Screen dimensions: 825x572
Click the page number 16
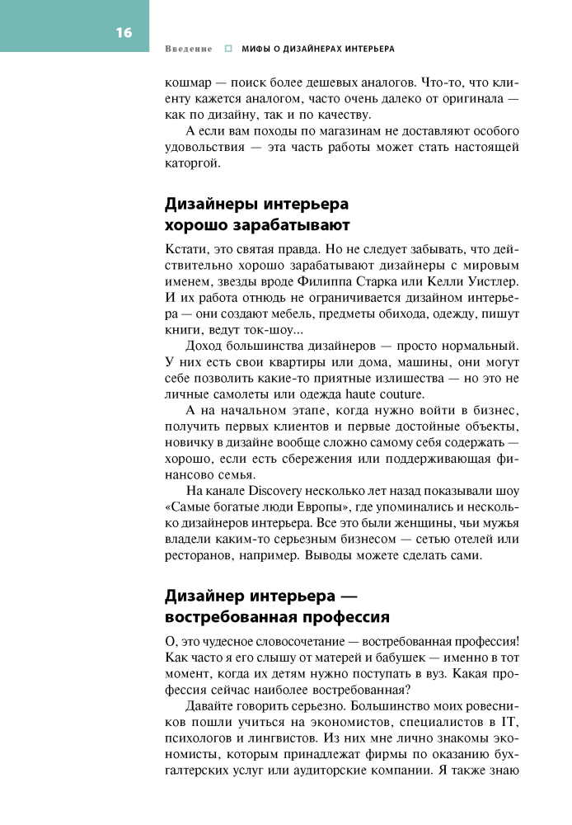(x=124, y=33)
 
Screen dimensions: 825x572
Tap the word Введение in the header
(x=189, y=49)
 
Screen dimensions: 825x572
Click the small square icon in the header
(x=228, y=49)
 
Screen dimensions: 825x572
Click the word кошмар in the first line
(x=188, y=83)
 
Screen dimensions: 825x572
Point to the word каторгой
(x=192, y=163)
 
